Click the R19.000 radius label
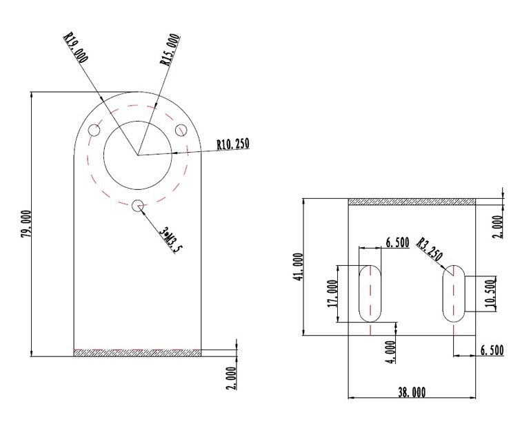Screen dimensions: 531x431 [x=76, y=48]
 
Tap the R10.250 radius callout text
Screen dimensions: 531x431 [x=233, y=144]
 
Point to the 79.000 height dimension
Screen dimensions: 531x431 [x=26, y=224]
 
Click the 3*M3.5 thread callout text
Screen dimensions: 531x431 [x=171, y=240]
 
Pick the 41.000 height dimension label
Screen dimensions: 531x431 [x=299, y=267]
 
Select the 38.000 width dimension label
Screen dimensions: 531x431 [x=412, y=392]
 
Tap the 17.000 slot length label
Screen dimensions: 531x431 [x=332, y=294]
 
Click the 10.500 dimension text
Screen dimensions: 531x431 [x=491, y=294]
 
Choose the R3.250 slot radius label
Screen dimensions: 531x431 [x=430, y=249]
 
